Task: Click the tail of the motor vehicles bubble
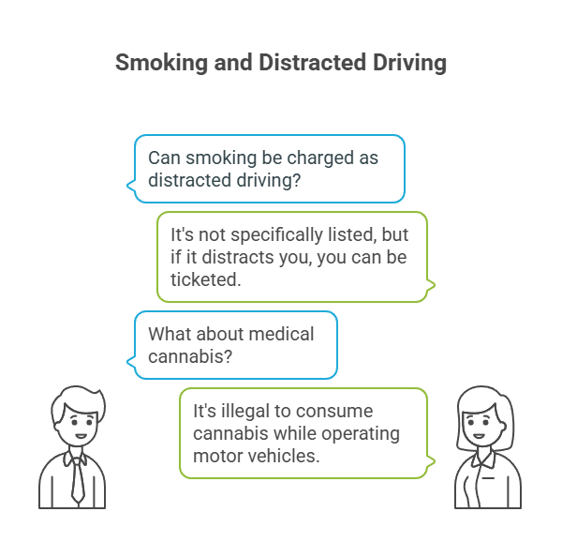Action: click(x=431, y=461)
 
